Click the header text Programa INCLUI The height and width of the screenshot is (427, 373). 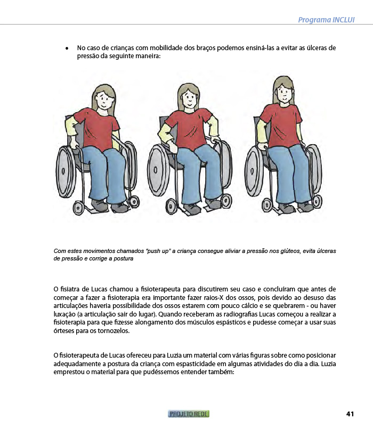tap(326, 20)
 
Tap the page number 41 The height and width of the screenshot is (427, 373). tap(350, 414)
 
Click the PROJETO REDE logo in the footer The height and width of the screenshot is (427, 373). tap(189, 414)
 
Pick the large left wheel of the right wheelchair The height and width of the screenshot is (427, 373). tap(255, 170)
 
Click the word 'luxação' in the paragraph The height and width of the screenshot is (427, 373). tap(65, 314)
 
